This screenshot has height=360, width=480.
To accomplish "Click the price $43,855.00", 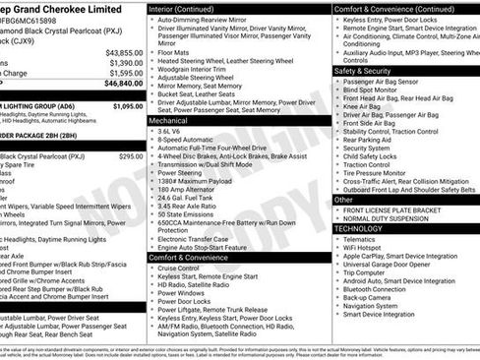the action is [124, 51].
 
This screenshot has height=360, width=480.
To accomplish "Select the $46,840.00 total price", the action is [124, 85].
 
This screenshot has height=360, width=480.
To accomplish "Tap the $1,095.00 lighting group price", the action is [127, 105].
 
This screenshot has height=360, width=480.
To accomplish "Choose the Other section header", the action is [344, 199].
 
